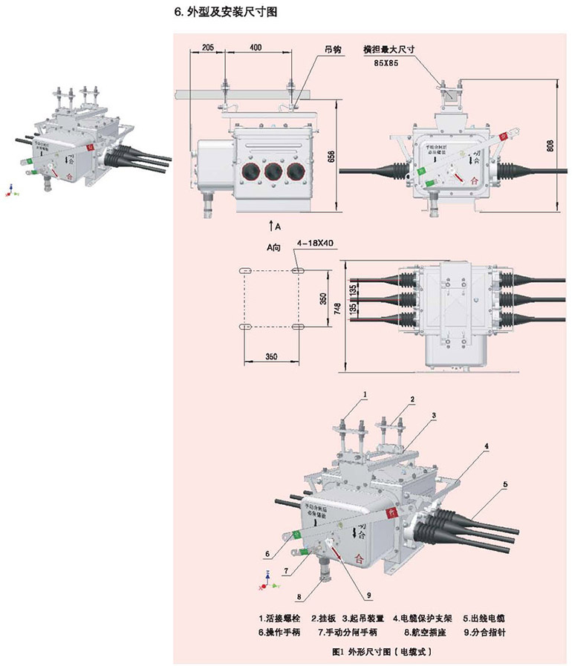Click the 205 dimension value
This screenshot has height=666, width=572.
pos(208,48)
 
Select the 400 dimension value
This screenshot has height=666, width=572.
pos(256,48)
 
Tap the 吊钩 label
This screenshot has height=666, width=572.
pos(332,50)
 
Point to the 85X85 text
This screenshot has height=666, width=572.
pos(386,65)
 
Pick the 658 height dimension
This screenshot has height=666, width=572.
pos(331,157)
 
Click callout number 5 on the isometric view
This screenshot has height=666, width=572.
pos(504,483)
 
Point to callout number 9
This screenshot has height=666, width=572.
pos(367,594)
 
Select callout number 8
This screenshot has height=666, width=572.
pos(299,595)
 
